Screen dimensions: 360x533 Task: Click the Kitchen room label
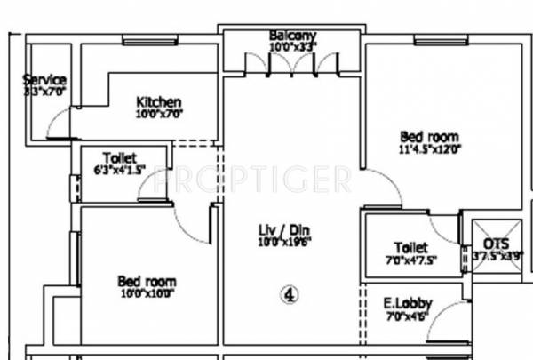[159, 101]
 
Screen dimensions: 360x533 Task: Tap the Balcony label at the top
[293, 36]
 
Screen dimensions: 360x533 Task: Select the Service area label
[44, 79]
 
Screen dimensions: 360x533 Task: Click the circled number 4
[289, 292]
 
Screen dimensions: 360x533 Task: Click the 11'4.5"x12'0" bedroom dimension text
[429, 149]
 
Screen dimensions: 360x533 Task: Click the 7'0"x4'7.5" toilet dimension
[411, 260]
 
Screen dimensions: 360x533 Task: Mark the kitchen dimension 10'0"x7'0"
[159, 114]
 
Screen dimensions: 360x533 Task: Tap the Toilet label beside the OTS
[410, 247]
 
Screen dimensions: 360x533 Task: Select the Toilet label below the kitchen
[119, 156]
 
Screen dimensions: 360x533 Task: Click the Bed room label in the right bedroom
[429, 136]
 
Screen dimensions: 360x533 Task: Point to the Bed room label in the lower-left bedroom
[147, 280]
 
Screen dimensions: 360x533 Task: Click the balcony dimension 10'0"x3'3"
[293, 46]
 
